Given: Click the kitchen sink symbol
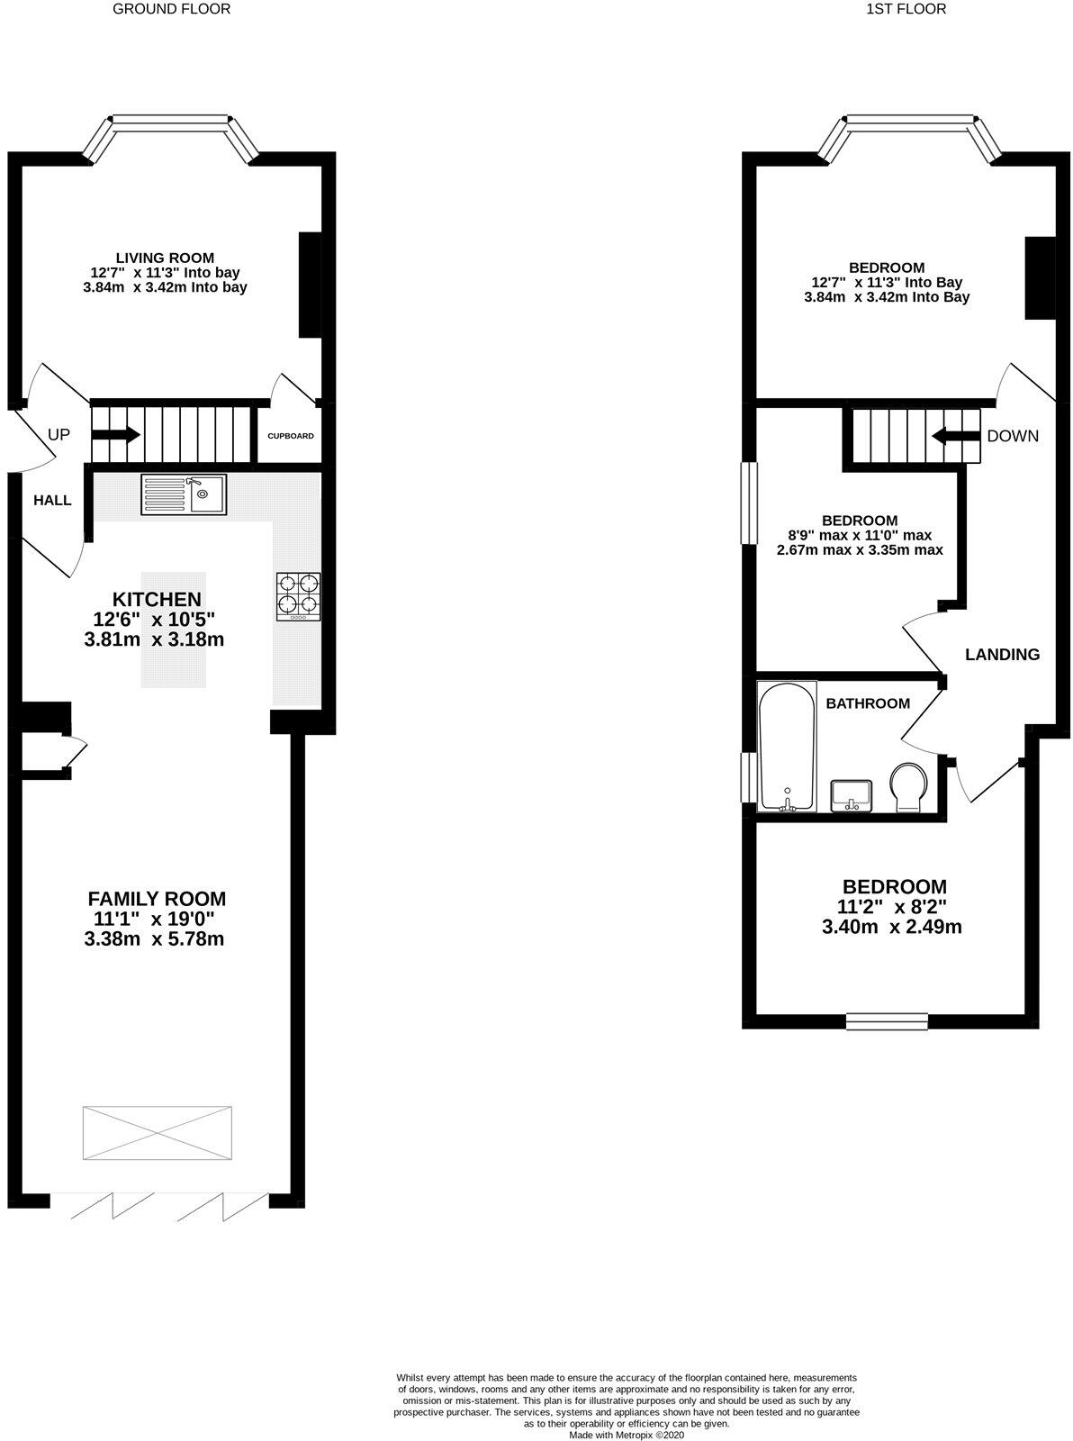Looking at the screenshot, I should tap(185, 494).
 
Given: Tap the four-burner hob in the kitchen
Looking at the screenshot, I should tap(298, 596).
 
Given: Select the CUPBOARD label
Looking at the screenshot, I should tap(291, 436).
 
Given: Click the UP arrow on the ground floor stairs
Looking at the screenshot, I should tap(115, 435).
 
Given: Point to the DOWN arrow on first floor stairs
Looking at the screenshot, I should tap(954, 436).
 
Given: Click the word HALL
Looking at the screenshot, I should tap(52, 501).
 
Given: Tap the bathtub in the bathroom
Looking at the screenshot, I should tap(788, 747).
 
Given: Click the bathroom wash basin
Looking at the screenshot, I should tap(851, 795).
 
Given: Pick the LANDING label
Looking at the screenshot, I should tap(1002, 655).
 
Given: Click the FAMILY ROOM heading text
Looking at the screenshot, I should tap(157, 899).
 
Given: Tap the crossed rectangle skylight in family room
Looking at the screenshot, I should tap(158, 1133).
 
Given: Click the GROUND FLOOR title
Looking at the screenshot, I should tap(171, 9).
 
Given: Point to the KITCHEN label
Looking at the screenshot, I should tap(156, 600).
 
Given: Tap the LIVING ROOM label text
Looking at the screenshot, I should tap(165, 258).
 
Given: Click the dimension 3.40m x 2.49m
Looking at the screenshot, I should tap(892, 927).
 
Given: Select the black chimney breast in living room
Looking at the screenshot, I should tap(310, 285).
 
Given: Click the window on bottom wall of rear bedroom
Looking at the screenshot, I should tap(887, 1020).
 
